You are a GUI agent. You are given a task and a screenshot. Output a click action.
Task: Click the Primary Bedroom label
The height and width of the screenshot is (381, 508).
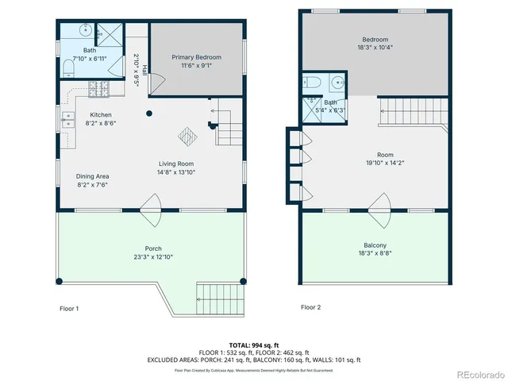(x=196, y=57)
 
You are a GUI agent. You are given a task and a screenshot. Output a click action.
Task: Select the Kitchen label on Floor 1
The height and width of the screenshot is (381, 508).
(x=100, y=115)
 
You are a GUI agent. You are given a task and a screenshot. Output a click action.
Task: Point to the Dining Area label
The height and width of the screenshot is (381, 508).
(x=92, y=176)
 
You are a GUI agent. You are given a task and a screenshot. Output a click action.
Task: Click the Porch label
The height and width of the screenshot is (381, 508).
(x=154, y=248)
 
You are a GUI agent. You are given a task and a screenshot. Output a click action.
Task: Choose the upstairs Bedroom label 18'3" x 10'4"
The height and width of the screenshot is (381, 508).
(x=375, y=40)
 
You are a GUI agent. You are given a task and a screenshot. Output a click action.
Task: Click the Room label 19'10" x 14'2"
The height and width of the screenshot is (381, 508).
(x=375, y=156)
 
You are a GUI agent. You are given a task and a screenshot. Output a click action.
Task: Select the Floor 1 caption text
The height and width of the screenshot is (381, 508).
(x=69, y=308)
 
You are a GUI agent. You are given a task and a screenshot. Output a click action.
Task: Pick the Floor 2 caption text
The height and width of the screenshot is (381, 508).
(x=310, y=307)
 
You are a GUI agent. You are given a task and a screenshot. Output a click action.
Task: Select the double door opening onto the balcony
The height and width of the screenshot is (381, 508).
(x=386, y=207)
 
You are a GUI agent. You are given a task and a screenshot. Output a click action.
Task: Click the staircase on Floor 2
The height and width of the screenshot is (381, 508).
(x=412, y=110)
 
